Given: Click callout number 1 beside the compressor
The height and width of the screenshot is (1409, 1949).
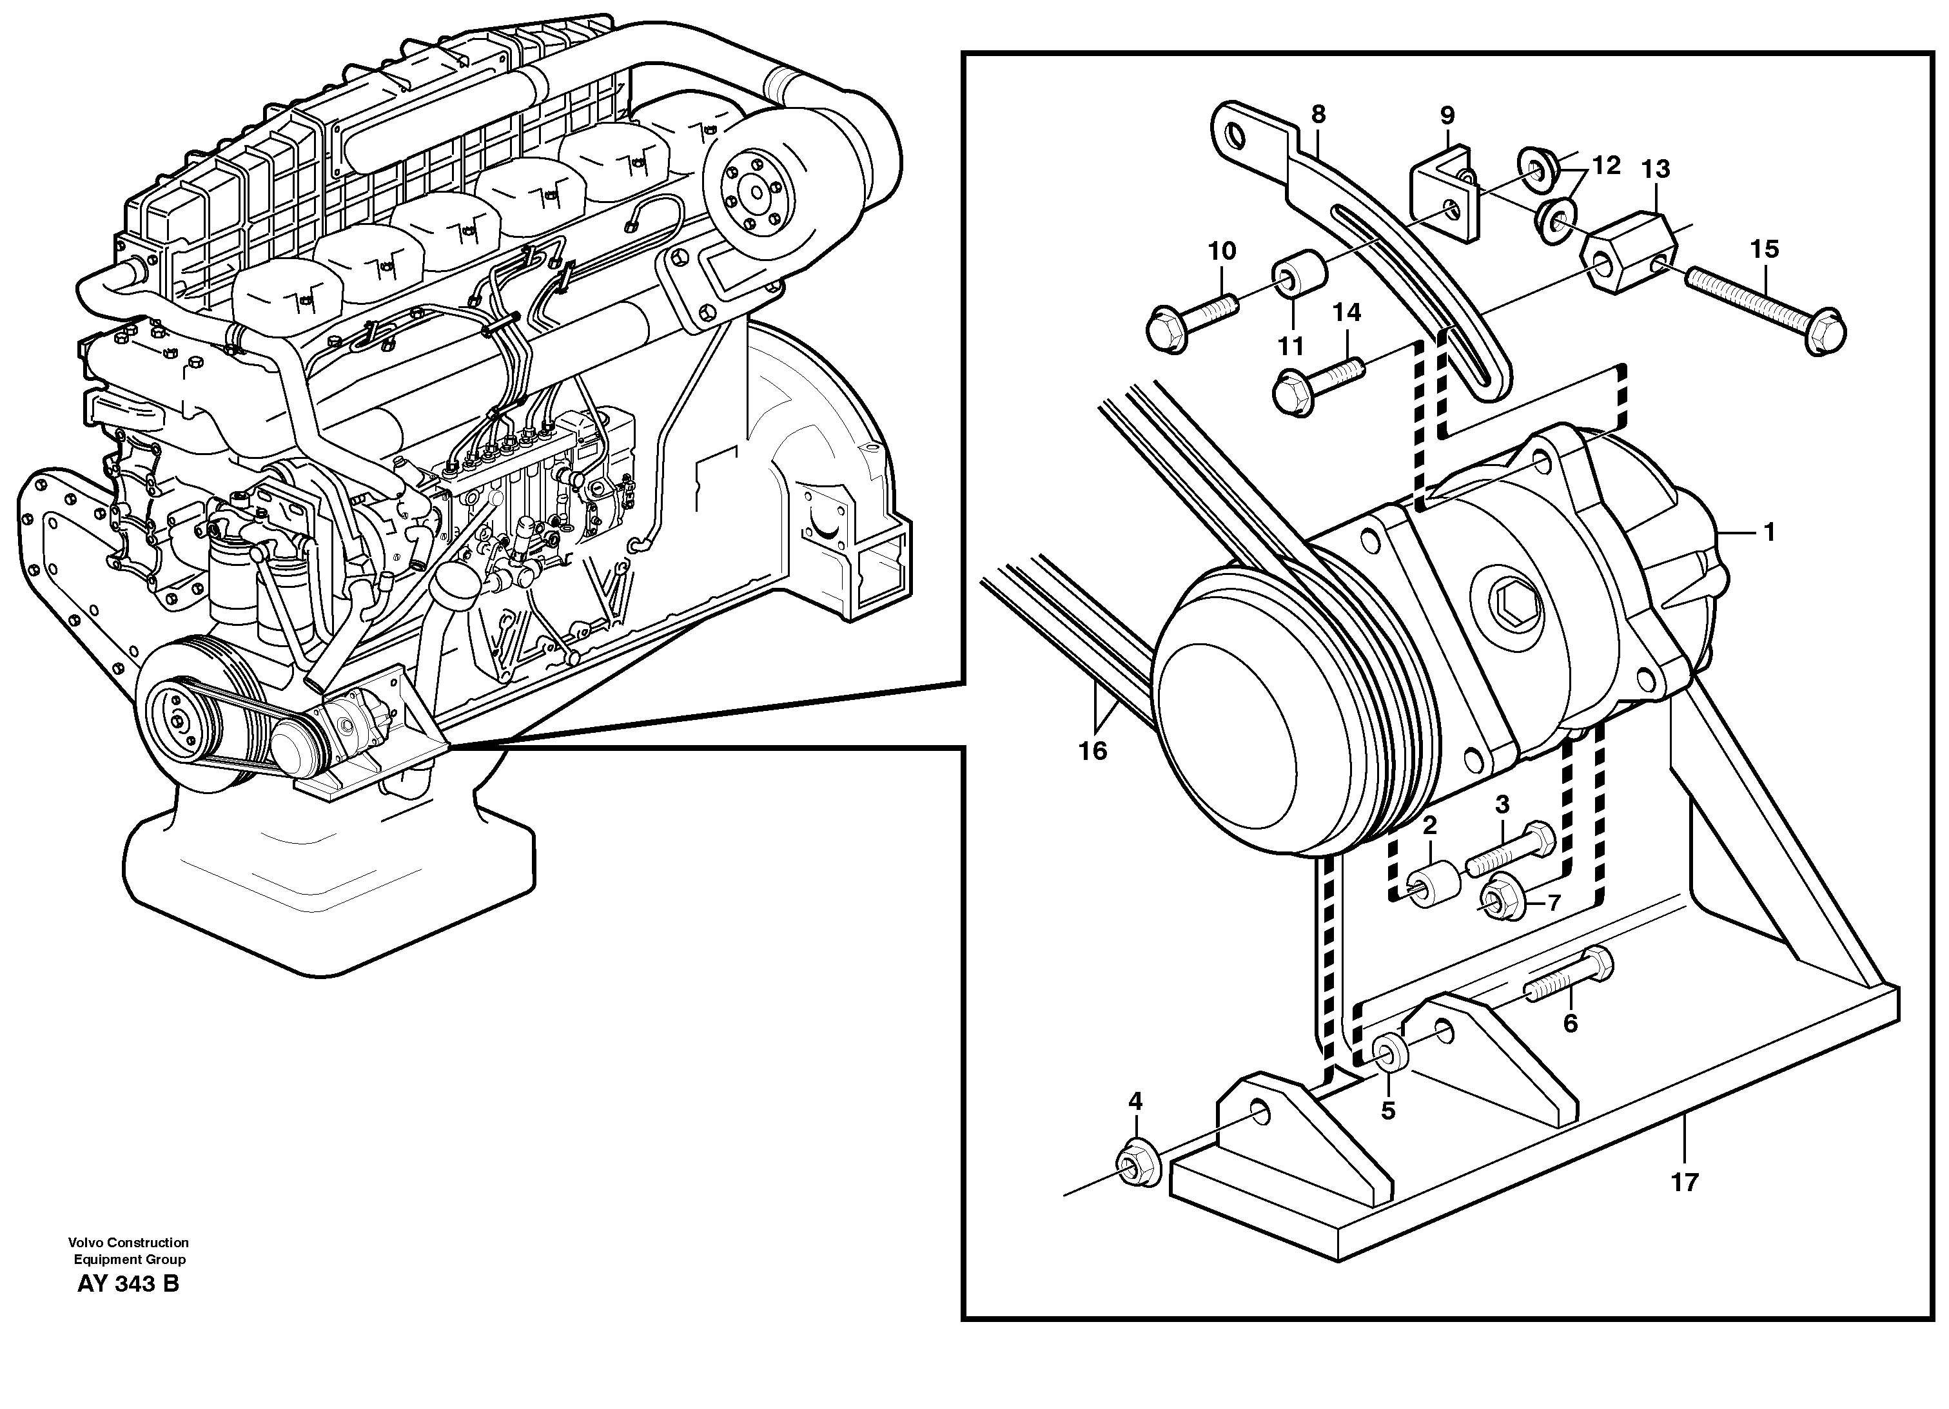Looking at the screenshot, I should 1768,532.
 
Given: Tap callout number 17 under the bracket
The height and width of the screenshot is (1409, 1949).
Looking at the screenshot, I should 1684,1182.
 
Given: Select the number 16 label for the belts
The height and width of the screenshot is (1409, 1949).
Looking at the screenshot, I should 1092,751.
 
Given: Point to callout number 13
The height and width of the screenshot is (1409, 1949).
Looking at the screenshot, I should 1655,170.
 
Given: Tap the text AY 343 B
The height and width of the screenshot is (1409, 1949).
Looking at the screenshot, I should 128,1285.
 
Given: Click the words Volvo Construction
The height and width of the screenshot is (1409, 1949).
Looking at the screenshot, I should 129,1242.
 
